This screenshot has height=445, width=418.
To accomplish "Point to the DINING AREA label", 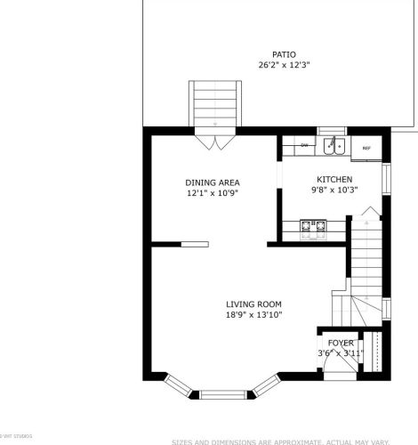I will [213, 182].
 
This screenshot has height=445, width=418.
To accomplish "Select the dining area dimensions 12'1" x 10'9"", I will [213, 193].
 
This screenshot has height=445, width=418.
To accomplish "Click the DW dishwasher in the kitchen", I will [304, 145].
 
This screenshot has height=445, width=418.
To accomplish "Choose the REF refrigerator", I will [366, 147].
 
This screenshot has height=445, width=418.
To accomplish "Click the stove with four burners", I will [312, 230].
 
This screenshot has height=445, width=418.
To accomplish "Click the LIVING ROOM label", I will [253, 304].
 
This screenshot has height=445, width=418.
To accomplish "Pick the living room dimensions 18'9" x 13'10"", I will [253, 315].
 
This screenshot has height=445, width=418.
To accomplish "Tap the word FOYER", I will [341, 343].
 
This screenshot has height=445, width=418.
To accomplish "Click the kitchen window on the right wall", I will [386, 178].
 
